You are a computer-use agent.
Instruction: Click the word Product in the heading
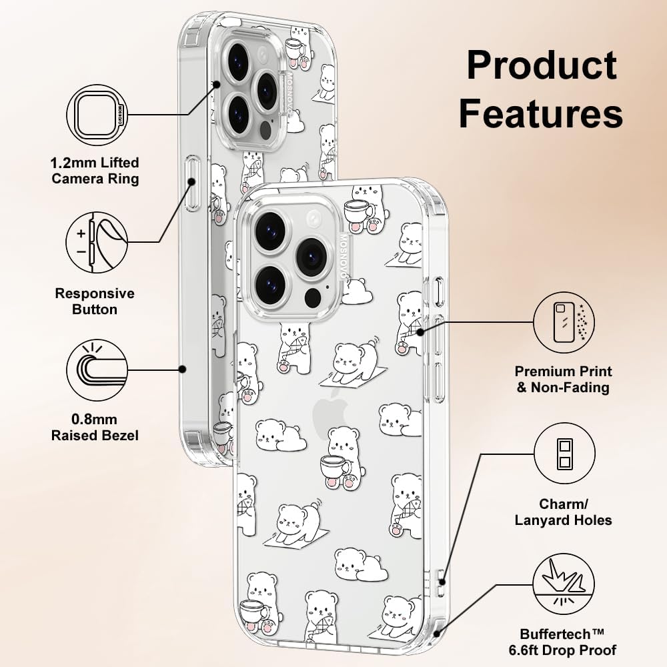[542, 65]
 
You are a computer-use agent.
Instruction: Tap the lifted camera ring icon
[97, 115]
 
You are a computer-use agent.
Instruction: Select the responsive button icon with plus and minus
[97, 243]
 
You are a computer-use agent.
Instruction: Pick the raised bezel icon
[97, 370]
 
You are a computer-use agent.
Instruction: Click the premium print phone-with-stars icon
[564, 322]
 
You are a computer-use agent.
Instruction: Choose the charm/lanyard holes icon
[564, 454]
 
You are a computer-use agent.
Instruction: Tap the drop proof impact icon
[564, 584]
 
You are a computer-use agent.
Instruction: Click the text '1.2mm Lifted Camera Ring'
[95, 171]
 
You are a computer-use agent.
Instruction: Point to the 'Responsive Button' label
[95, 301]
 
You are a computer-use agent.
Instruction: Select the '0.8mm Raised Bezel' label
[95, 427]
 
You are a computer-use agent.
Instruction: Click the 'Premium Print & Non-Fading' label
[563, 379]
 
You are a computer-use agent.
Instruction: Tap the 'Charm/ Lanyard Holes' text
[563, 512]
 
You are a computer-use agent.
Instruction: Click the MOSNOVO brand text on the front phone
[344, 257]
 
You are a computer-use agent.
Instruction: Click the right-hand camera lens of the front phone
[311, 257]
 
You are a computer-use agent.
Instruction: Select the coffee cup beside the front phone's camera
[359, 211]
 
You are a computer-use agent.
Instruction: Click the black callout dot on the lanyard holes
[443, 582]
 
